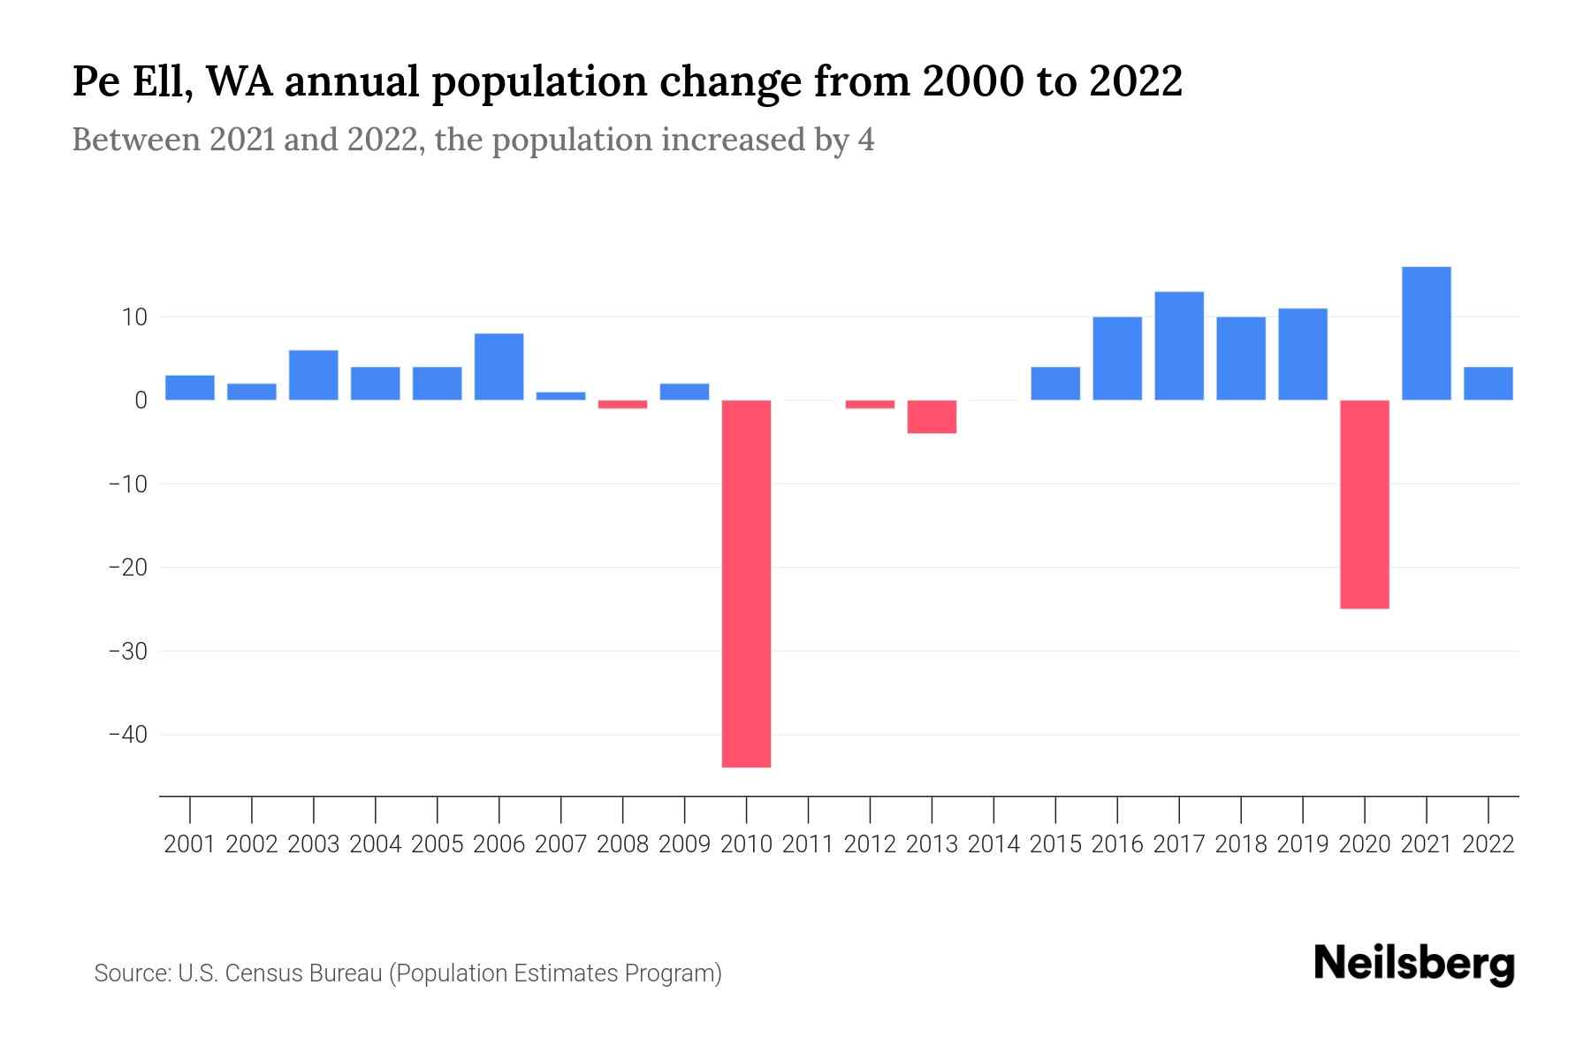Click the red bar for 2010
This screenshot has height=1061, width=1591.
(746, 584)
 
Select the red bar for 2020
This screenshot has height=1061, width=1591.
(1364, 504)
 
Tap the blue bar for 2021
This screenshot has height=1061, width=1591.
(1426, 333)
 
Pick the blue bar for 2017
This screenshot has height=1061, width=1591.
(1178, 346)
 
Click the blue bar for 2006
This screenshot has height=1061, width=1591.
(499, 367)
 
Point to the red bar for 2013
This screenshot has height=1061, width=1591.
(932, 416)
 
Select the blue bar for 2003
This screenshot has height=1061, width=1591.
(313, 375)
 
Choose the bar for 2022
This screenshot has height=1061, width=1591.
(1488, 384)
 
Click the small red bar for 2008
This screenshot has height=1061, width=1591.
(622, 404)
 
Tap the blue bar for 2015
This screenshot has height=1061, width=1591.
(1055, 384)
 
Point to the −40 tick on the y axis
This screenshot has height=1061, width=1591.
(127, 735)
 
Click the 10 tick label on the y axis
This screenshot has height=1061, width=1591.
(129, 317)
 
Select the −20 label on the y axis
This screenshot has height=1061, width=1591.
(127, 568)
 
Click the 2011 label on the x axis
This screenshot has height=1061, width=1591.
(808, 844)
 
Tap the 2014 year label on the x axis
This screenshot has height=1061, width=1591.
(993, 844)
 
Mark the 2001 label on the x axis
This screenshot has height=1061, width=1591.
(190, 844)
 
